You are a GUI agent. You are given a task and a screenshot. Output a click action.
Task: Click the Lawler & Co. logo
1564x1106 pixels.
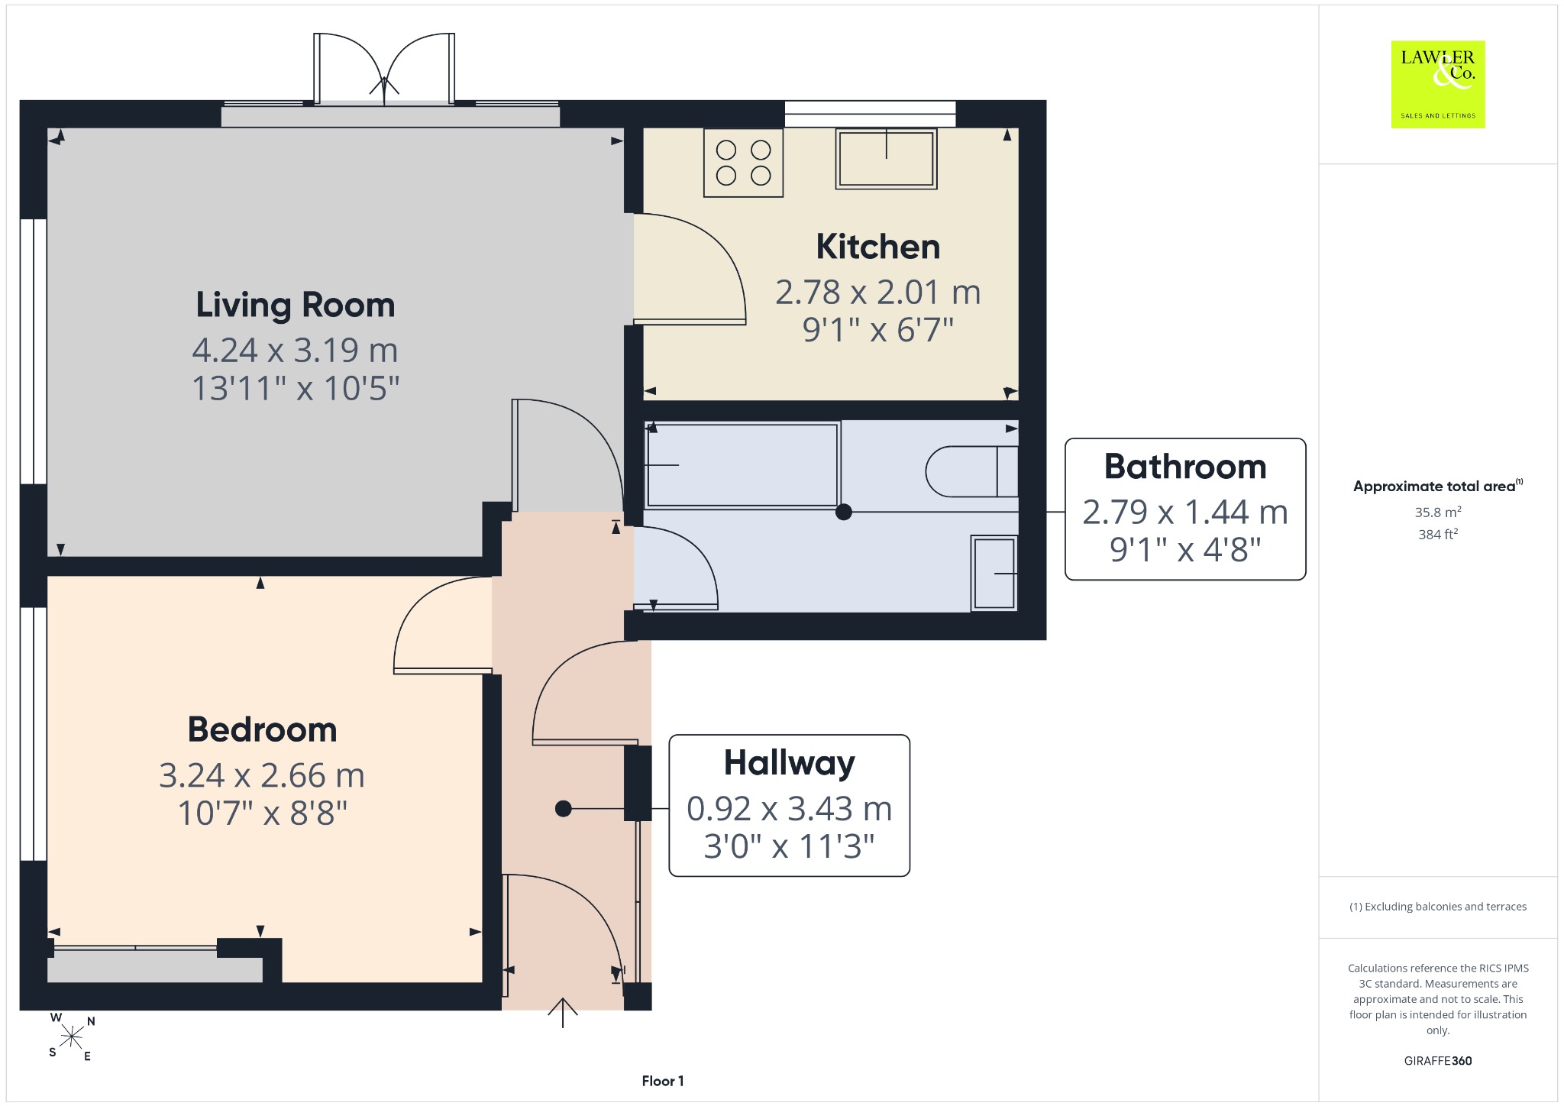(x=1438, y=84)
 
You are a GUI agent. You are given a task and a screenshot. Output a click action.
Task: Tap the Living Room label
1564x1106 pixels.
(x=296, y=306)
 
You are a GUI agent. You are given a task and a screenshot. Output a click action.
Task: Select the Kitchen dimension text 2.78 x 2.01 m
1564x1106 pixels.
(x=877, y=292)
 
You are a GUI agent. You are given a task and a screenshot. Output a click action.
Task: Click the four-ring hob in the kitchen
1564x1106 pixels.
(x=743, y=163)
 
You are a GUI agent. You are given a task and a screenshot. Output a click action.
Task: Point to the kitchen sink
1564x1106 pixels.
(x=886, y=159)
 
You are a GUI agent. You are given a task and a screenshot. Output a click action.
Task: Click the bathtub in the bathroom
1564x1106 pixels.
(x=742, y=464)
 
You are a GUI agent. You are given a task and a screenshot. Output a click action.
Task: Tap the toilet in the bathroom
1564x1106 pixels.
(x=971, y=471)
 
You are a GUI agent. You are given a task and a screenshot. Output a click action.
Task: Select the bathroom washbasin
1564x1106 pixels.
(x=994, y=573)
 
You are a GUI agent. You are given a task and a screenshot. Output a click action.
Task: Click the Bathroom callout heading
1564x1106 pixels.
(x=1185, y=467)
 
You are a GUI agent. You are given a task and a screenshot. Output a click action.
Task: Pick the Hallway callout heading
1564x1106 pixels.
(x=790, y=763)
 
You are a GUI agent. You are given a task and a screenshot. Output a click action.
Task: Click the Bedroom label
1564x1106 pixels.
(x=263, y=729)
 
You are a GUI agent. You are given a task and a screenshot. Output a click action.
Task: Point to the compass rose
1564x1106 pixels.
(x=72, y=1036)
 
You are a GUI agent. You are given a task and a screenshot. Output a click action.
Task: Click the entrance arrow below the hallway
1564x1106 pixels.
(x=563, y=1013)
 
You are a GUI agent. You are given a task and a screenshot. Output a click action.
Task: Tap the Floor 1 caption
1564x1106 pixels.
(x=663, y=1081)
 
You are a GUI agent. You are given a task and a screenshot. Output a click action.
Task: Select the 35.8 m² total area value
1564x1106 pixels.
(x=1438, y=512)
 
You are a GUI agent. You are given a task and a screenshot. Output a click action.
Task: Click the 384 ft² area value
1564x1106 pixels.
(x=1438, y=534)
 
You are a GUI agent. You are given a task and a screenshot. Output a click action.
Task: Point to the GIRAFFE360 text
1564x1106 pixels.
(x=1438, y=1061)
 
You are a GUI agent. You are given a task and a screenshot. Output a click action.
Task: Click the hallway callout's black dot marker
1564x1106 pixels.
(x=564, y=808)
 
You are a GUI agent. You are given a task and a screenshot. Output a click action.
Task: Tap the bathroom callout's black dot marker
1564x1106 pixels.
(x=844, y=512)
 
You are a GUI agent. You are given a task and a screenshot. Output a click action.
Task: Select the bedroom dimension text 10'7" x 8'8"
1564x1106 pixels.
(x=263, y=813)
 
